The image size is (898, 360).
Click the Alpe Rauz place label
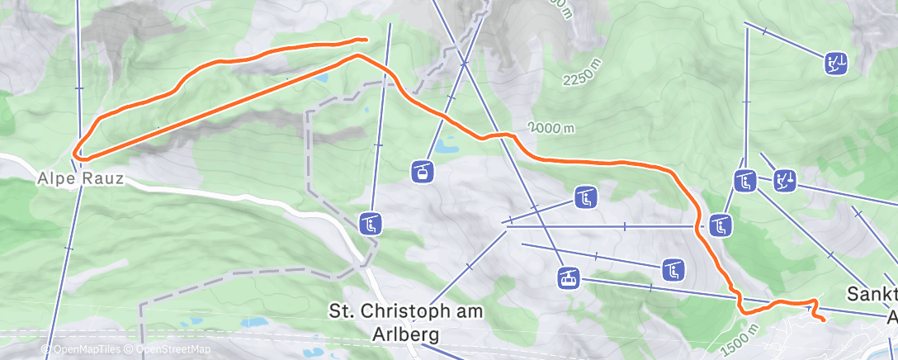click(81, 178)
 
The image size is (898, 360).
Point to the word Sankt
click(873, 295)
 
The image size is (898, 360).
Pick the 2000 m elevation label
click(552, 129)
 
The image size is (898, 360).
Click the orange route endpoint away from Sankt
click(364, 39)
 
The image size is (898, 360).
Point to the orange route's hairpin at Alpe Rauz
click(75, 153)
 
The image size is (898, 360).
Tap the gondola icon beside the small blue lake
click(422, 171)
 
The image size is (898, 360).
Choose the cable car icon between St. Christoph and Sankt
click(568, 277)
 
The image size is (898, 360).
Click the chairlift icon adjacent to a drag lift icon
click(746, 180)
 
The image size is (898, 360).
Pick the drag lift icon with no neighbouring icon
click(835, 63)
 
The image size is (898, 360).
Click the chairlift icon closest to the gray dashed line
click(371, 223)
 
